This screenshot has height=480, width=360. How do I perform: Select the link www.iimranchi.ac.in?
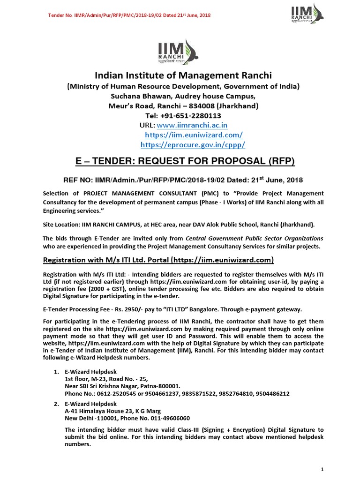tap(192, 125)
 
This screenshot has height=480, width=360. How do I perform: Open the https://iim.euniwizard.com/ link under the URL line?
tap(194, 135)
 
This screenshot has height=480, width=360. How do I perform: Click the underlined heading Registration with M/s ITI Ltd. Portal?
tap(158, 260)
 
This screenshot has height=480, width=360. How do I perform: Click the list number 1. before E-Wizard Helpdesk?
tap(56, 372)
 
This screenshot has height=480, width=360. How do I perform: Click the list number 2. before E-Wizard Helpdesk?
tap(56, 404)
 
